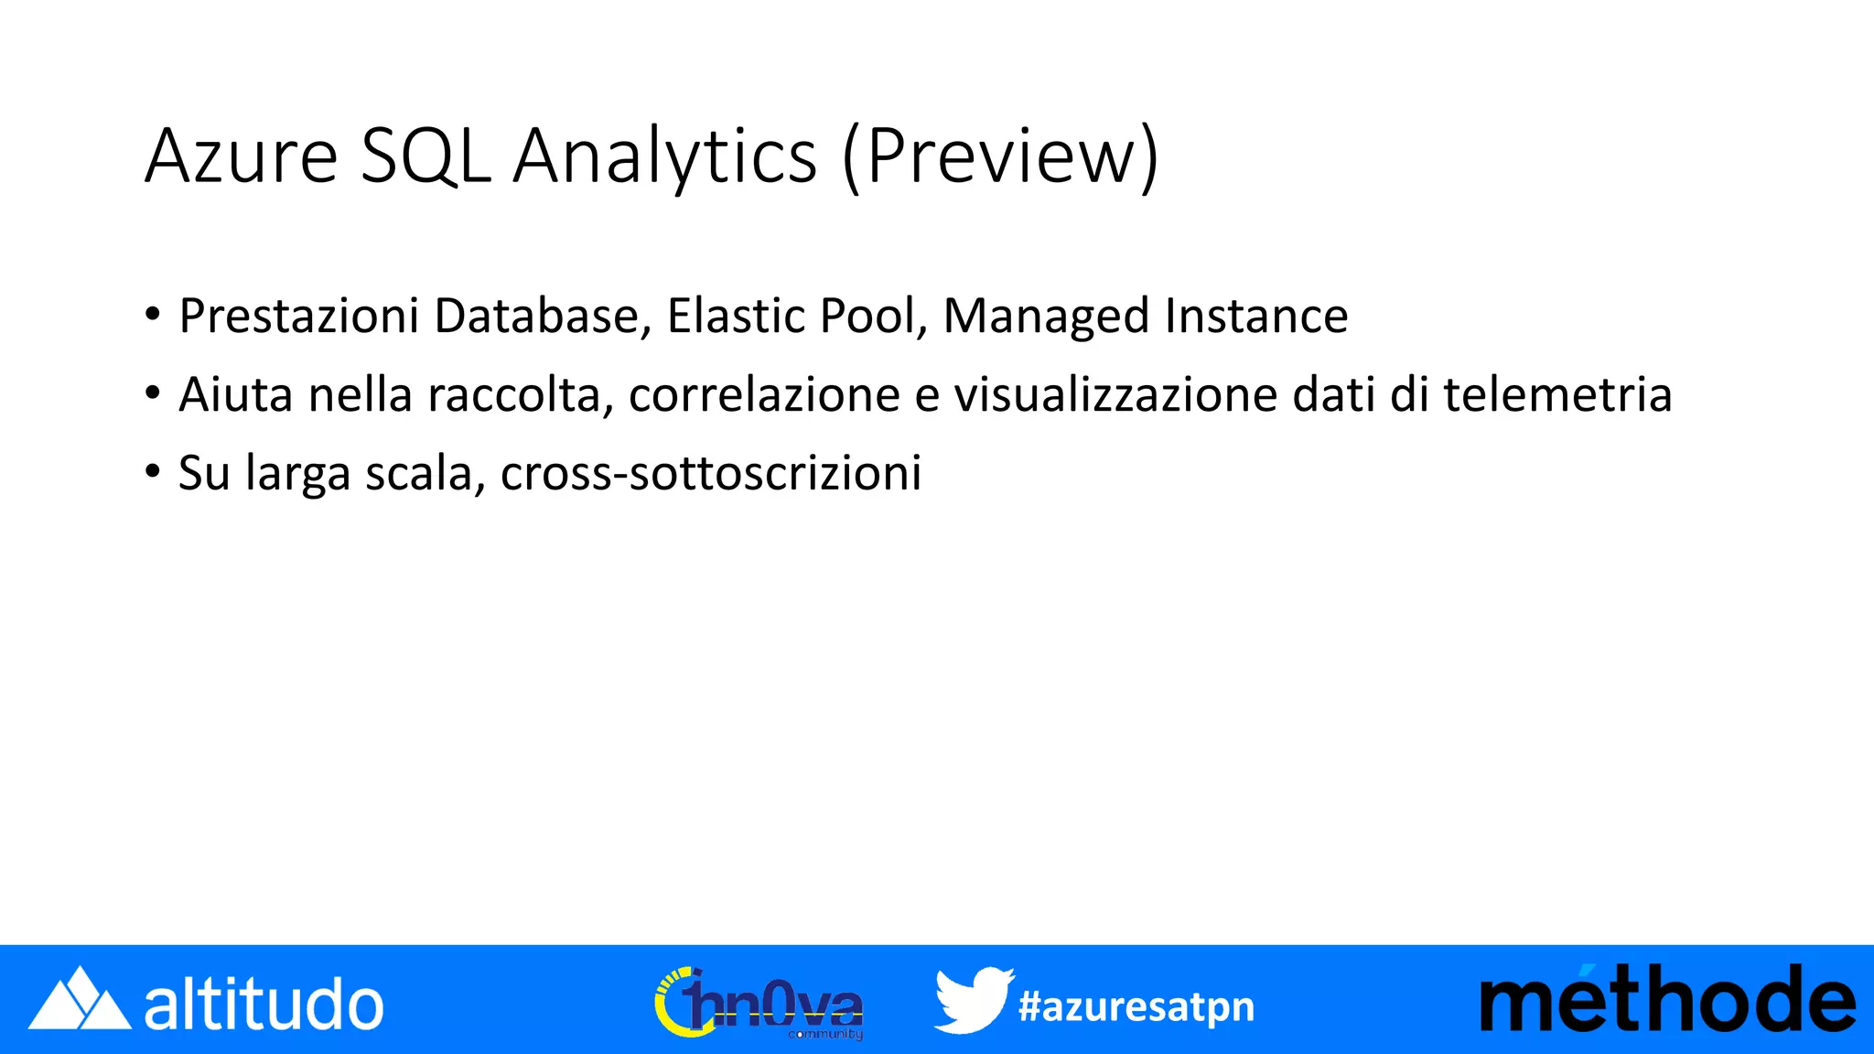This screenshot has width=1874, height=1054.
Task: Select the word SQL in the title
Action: coord(425,156)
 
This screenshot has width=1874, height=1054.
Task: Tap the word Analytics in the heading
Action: coord(664,156)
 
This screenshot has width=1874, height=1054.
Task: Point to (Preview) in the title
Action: coord(1000,158)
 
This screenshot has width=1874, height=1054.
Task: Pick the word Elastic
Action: coord(736,317)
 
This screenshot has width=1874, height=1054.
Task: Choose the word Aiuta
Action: coord(236,395)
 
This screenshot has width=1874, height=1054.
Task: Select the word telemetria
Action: coord(1557,395)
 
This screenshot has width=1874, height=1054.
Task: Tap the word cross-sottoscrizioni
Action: coord(711,474)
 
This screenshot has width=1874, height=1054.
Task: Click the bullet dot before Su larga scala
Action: coord(153,472)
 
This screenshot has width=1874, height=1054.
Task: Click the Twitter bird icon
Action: coord(973,1000)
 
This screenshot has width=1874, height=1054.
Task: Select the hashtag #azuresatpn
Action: coord(1136,1006)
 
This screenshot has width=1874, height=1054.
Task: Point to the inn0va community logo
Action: coord(759,1004)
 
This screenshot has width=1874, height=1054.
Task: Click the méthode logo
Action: coord(1667,1000)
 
